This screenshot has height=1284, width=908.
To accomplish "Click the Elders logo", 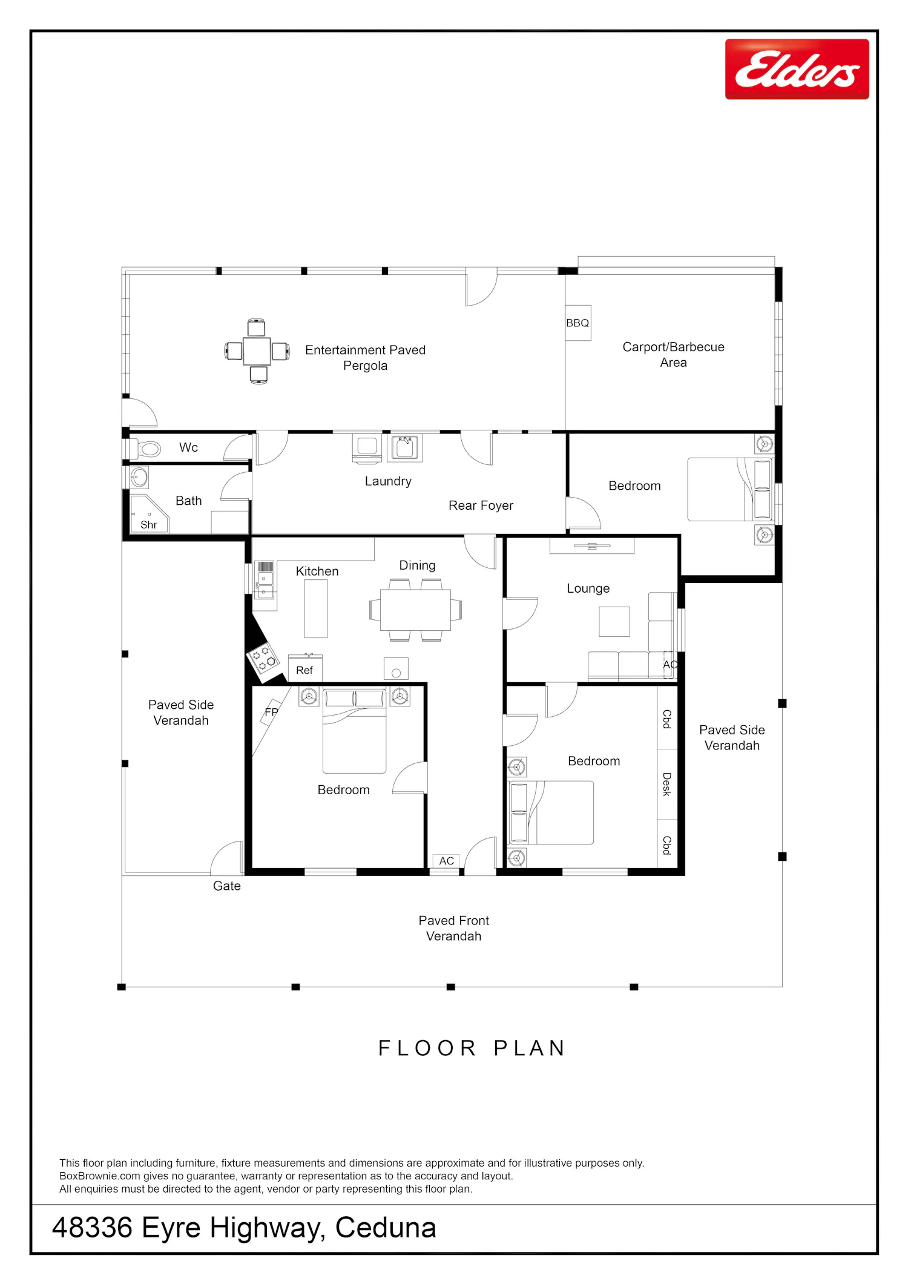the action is coord(797,69).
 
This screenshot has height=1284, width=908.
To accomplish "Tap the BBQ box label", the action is coord(577,323).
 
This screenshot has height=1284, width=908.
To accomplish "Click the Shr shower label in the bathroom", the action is coord(148,525).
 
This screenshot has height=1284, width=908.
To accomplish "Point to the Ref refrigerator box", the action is coord(304,669).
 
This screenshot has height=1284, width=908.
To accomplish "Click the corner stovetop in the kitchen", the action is coord(263,659).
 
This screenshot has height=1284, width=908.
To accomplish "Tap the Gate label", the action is coord(227,886).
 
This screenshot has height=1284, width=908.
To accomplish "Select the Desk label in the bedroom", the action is coord(666,784).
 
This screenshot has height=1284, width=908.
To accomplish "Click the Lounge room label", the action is coord(588,588).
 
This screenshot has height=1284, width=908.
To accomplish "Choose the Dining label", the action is coord(417,565).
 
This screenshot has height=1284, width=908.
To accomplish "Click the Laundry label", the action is coord(388,481).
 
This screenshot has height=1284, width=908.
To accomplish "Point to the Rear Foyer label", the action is coord(481,505).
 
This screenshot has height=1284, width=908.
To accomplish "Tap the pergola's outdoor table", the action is coord(257,351).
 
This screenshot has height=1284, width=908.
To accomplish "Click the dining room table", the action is coord(415,610).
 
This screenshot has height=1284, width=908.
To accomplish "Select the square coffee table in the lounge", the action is coord(614,621).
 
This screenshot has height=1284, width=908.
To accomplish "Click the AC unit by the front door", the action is coord(446,861).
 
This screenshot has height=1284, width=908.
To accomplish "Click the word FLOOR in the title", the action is coord(427,1048).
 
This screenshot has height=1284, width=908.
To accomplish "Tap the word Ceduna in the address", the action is coord(386,1228).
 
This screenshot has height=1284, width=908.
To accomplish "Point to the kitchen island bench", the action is coord(315,608).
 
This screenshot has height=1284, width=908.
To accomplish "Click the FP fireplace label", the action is coord(271,712).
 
